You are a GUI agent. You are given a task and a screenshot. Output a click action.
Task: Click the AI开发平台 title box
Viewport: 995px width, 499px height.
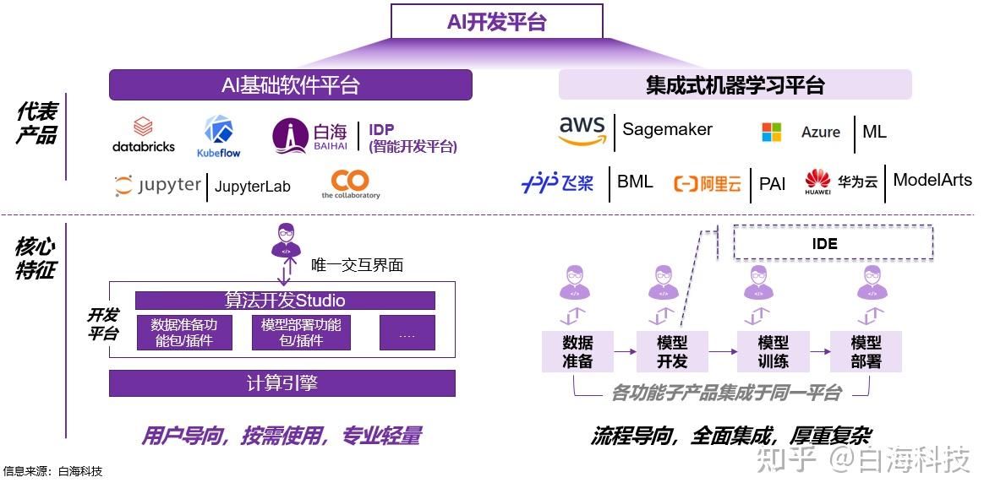point(496,22)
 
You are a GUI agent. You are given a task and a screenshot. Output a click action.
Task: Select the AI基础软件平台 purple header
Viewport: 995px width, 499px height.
point(290,85)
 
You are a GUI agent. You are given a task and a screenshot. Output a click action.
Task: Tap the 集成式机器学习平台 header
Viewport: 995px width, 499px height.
point(735,85)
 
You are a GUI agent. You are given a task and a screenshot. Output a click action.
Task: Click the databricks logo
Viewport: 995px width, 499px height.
point(144,135)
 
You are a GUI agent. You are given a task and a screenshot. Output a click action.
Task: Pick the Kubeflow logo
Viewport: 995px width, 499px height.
point(219,136)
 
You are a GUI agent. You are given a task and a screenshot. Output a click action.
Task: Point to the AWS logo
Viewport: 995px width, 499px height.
point(582,131)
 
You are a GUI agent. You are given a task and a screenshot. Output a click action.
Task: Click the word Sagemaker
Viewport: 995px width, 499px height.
point(667,129)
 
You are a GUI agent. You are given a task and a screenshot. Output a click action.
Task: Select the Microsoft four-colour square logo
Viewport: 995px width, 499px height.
point(772,132)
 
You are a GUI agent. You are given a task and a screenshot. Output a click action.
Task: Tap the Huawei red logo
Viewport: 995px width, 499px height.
point(817,181)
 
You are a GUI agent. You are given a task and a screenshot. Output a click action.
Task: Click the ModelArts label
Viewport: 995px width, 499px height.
point(932,180)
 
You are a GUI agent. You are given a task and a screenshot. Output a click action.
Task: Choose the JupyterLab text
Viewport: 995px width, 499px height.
point(252,187)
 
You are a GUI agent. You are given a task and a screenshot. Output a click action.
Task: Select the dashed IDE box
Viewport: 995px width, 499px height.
point(833,243)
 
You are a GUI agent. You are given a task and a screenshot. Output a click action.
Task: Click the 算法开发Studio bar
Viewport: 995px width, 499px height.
point(285,301)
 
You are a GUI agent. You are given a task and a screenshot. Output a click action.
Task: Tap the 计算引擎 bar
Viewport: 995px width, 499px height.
point(282,382)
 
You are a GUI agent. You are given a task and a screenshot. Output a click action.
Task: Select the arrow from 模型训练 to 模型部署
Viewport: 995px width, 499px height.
point(819,352)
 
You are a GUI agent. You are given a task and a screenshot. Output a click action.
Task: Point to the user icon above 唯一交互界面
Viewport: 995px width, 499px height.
point(286,240)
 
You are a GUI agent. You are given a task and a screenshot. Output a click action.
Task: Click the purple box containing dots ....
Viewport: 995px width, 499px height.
point(407,333)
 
